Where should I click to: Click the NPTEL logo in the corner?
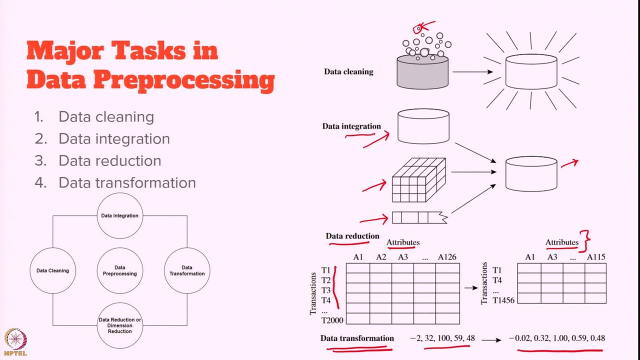pos(15,342)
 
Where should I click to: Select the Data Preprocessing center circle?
pos(119,270)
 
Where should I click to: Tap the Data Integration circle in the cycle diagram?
pos(119,215)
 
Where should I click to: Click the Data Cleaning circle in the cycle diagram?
pos(52,270)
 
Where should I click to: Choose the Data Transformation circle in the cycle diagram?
pos(187,270)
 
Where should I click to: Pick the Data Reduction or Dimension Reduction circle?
pos(119,325)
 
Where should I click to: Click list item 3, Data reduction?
pos(109,160)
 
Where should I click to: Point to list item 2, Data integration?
pos(114,138)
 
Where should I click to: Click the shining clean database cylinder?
pos(531,71)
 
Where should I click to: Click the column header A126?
pos(447,257)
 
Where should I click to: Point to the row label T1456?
pos(503,300)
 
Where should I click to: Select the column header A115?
pos(595,257)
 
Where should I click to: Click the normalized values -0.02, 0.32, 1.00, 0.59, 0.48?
pos(556,338)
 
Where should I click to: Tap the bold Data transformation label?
pos(357,338)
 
